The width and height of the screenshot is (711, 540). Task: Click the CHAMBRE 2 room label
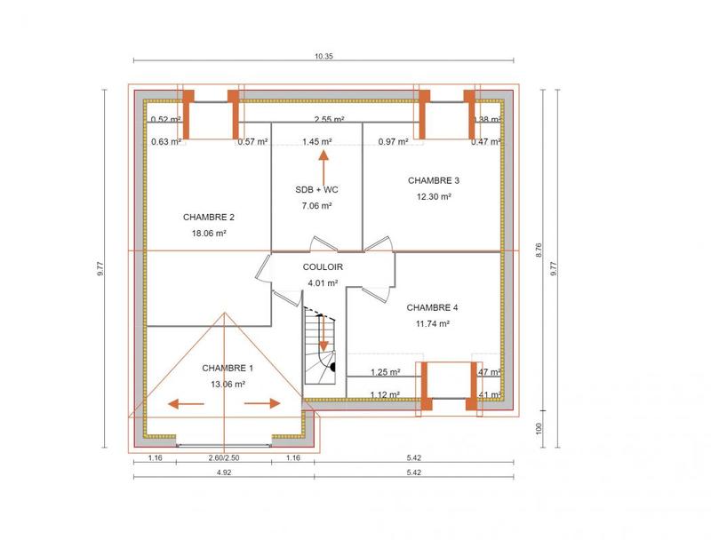pos(209,217)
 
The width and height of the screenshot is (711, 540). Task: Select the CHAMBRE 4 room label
pos(432,307)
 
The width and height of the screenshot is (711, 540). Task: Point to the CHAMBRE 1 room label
pos(228,368)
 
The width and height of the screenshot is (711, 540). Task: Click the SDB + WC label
pos(316,189)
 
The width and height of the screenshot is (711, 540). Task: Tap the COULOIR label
pos(322,266)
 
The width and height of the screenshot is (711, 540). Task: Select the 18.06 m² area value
pos(209,234)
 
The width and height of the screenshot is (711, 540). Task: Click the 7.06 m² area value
pos(316,205)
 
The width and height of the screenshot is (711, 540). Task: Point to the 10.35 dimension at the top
pos(323,57)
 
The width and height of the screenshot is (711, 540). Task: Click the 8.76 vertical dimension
pos(538,251)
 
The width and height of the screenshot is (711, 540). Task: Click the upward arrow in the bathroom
pos(324,165)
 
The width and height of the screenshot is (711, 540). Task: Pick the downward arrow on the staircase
pos(324,337)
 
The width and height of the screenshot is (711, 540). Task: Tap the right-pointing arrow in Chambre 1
pos(263,404)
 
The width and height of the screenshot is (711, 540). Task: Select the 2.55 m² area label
pos(329,119)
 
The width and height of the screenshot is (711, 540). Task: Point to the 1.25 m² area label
pos(385,372)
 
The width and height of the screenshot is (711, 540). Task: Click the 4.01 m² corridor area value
pos(322,282)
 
